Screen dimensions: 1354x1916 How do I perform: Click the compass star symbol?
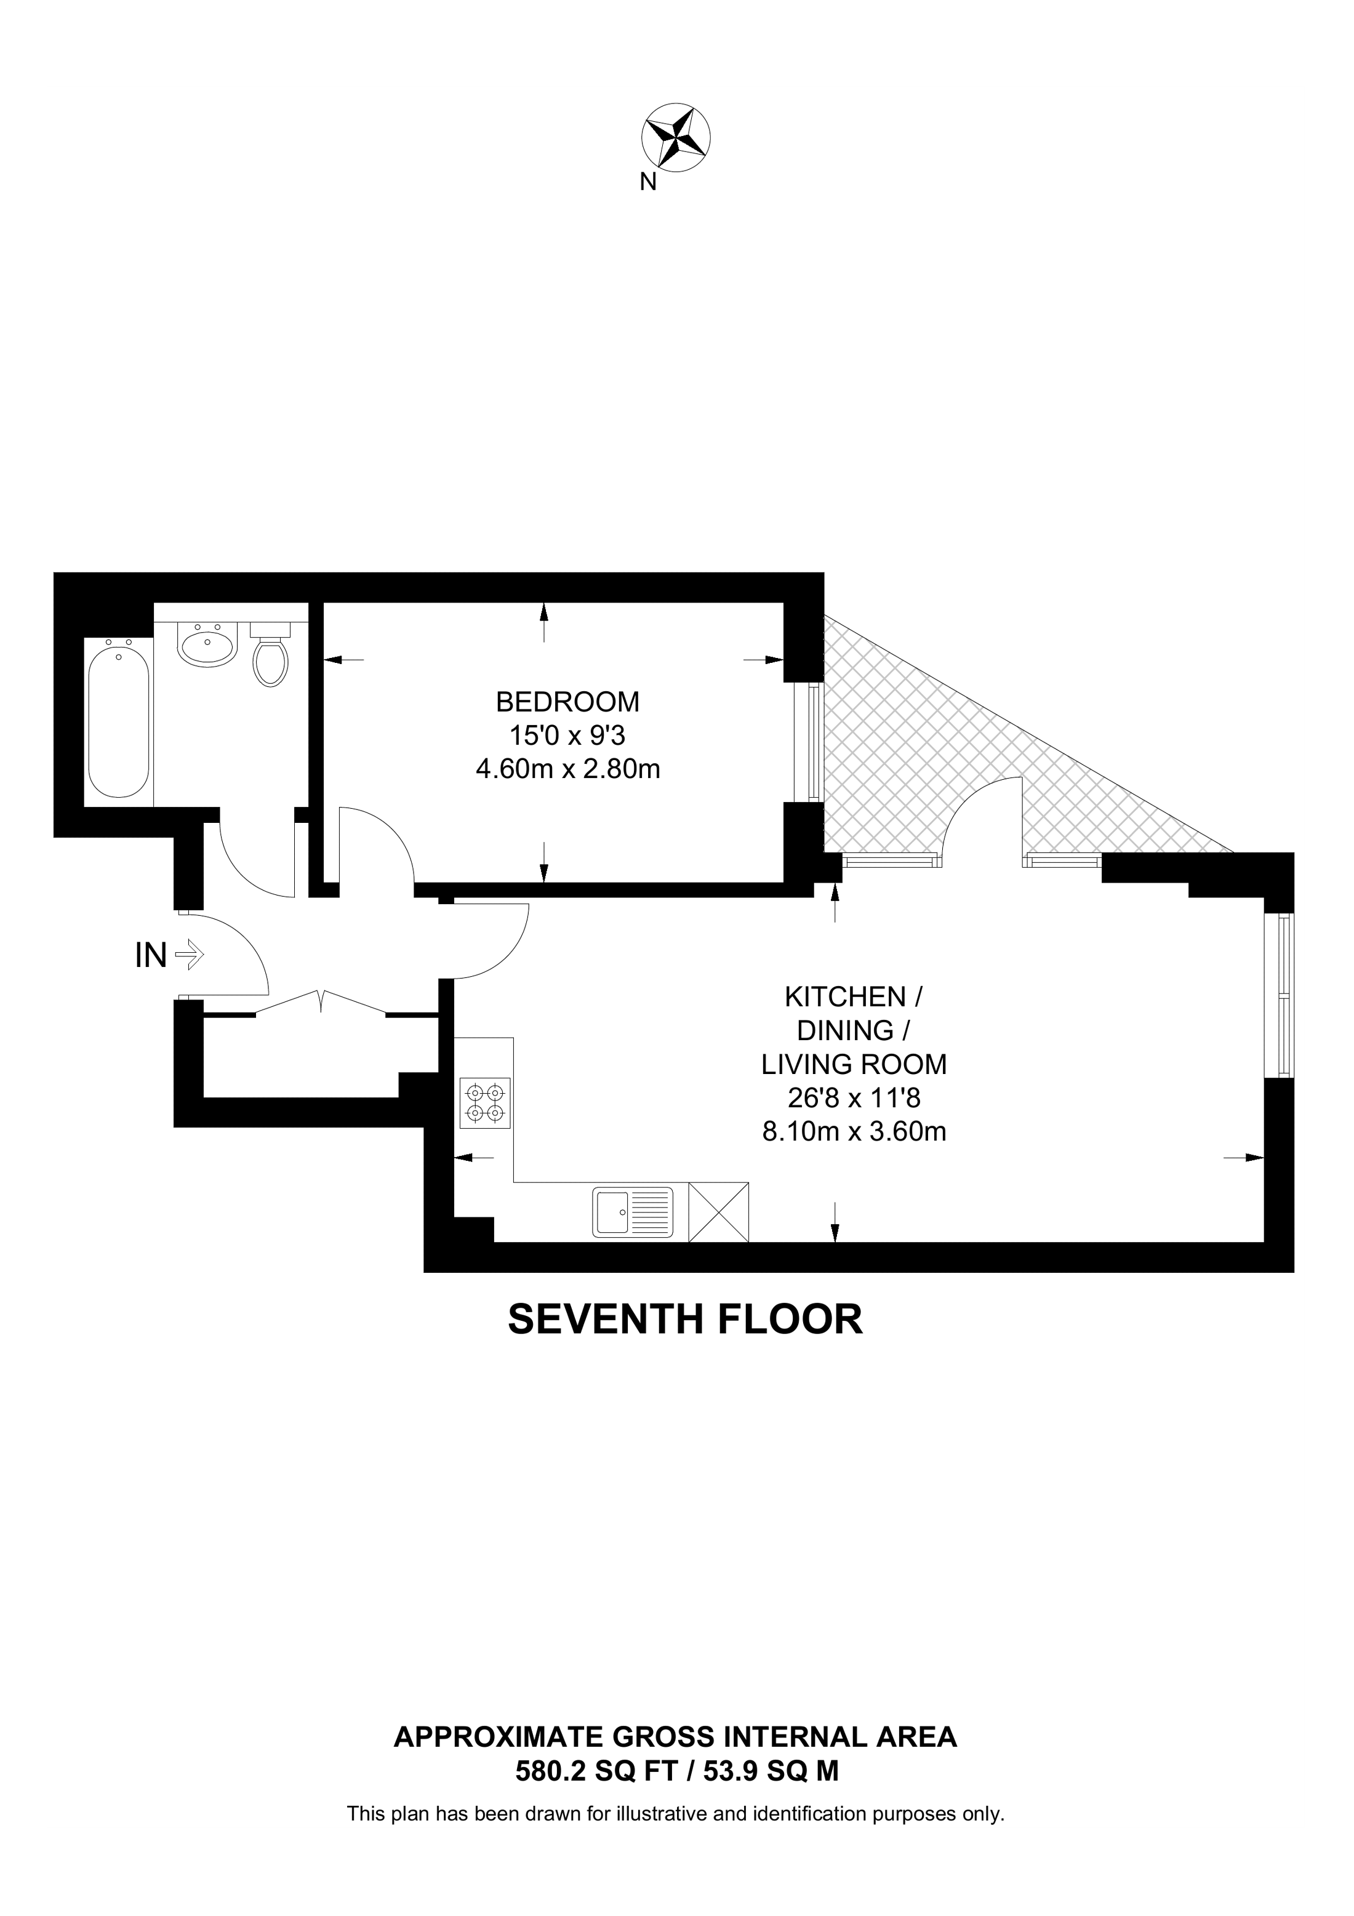click(676, 137)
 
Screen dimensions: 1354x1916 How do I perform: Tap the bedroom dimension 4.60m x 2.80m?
click(567, 769)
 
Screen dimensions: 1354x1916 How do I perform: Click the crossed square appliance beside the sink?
click(719, 1213)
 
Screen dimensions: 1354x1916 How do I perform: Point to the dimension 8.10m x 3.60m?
click(854, 1132)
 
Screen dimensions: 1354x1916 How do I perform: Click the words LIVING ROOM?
click(854, 1064)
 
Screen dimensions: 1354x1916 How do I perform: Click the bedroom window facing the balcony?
click(809, 742)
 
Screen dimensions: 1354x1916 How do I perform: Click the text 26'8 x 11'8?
click(854, 1097)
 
